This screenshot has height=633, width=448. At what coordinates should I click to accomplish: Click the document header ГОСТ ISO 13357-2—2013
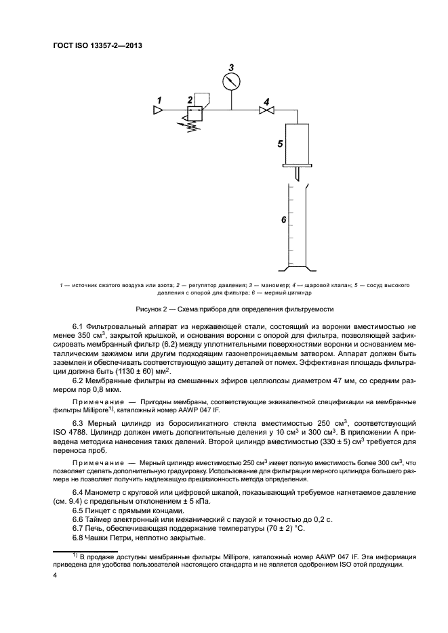(x=98, y=46)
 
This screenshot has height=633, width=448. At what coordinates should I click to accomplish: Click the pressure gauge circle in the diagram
(x=232, y=81)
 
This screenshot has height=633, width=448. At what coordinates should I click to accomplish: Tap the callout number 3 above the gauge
(x=231, y=67)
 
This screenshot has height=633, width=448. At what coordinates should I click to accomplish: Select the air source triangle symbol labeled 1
(x=157, y=111)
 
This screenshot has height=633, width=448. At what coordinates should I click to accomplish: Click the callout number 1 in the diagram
(x=159, y=100)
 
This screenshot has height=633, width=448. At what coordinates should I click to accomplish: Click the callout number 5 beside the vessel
(x=279, y=144)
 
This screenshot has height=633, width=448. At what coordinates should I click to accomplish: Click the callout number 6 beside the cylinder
(x=283, y=221)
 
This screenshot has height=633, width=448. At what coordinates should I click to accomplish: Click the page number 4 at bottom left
(x=56, y=575)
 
